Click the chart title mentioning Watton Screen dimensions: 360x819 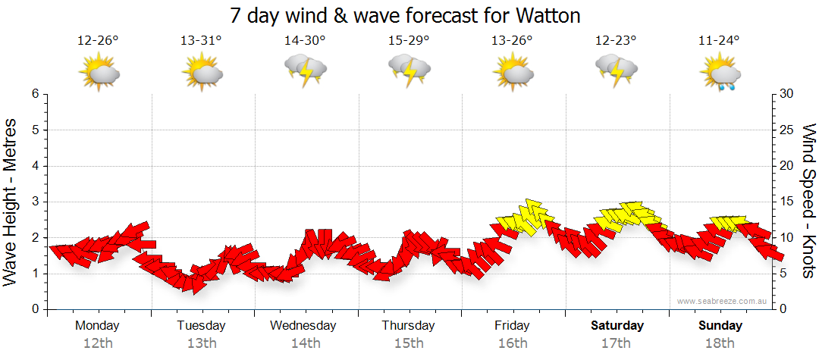click(x=409, y=15)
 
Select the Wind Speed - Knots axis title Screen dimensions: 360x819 click(x=808, y=201)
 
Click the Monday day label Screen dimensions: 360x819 click(x=97, y=326)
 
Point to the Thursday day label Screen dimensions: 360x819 click(x=408, y=326)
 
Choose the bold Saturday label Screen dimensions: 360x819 click(x=617, y=326)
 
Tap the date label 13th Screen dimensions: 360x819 click(x=201, y=343)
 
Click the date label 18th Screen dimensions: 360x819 click(x=720, y=343)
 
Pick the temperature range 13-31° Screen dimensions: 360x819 click(x=201, y=40)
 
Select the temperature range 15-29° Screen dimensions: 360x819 click(x=409, y=40)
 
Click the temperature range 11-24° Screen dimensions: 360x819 click(x=719, y=40)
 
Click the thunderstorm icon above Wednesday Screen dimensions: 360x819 click(x=305, y=71)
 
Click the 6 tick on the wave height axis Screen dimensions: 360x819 click(x=35, y=94)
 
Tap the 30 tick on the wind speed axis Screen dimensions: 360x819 click(x=787, y=94)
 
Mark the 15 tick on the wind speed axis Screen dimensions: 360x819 click(x=787, y=202)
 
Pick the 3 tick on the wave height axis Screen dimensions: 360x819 click(x=35, y=202)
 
